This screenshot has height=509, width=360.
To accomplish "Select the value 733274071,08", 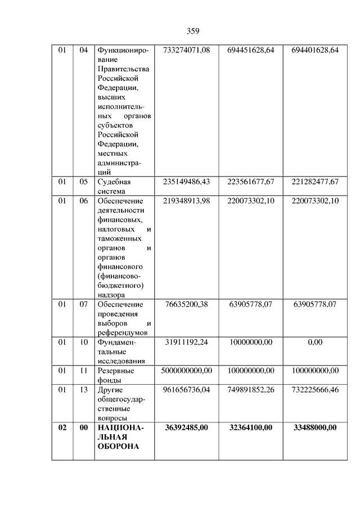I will pyautogui.click(x=186, y=51).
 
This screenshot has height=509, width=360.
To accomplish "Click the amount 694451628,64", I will pyautogui.click(x=251, y=51).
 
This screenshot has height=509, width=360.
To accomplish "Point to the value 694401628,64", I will pyautogui.click(x=315, y=51).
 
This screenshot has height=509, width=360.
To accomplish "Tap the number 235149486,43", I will pyautogui.click(x=186, y=182).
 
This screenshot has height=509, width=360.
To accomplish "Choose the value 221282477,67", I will pyautogui.click(x=315, y=182).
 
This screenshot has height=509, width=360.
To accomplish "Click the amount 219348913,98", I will pyautogui.click(x=186, y=201).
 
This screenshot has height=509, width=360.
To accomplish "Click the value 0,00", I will pyautogui.click(x=315, y=342).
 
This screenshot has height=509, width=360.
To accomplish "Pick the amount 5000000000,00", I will pyautogui.click(x=186, y=370).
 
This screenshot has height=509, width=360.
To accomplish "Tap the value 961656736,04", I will pyautogui.click(x=186, y=389).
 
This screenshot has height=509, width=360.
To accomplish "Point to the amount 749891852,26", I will pyautogui.click(x=251, y=389).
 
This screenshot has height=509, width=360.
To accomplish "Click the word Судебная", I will pyautogui.click(x=114, y=182).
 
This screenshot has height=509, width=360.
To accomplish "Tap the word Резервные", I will pyautogui.click(x=116, y=370).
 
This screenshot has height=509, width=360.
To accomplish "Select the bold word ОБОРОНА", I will pyautogui.click(x=118, y=447).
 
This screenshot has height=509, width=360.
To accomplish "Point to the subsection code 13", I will pyautogui.click(x=83, y=389).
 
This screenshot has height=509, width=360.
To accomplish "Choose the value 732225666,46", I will pyautogui.click(x=315, y=389).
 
